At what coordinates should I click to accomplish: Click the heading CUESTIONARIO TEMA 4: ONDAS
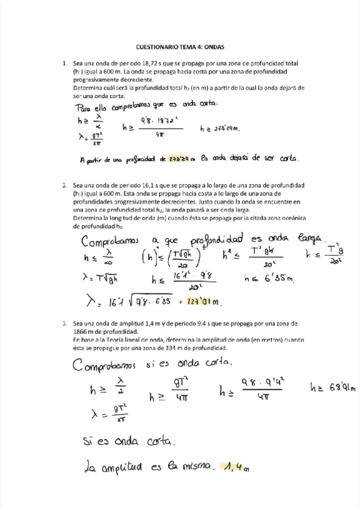(180, 46)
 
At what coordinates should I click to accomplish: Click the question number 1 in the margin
(64, 63)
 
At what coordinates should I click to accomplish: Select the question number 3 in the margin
(64, 324)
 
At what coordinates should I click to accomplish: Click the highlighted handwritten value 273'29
(180, 159)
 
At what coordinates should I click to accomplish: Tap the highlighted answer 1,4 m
(235, 465)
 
